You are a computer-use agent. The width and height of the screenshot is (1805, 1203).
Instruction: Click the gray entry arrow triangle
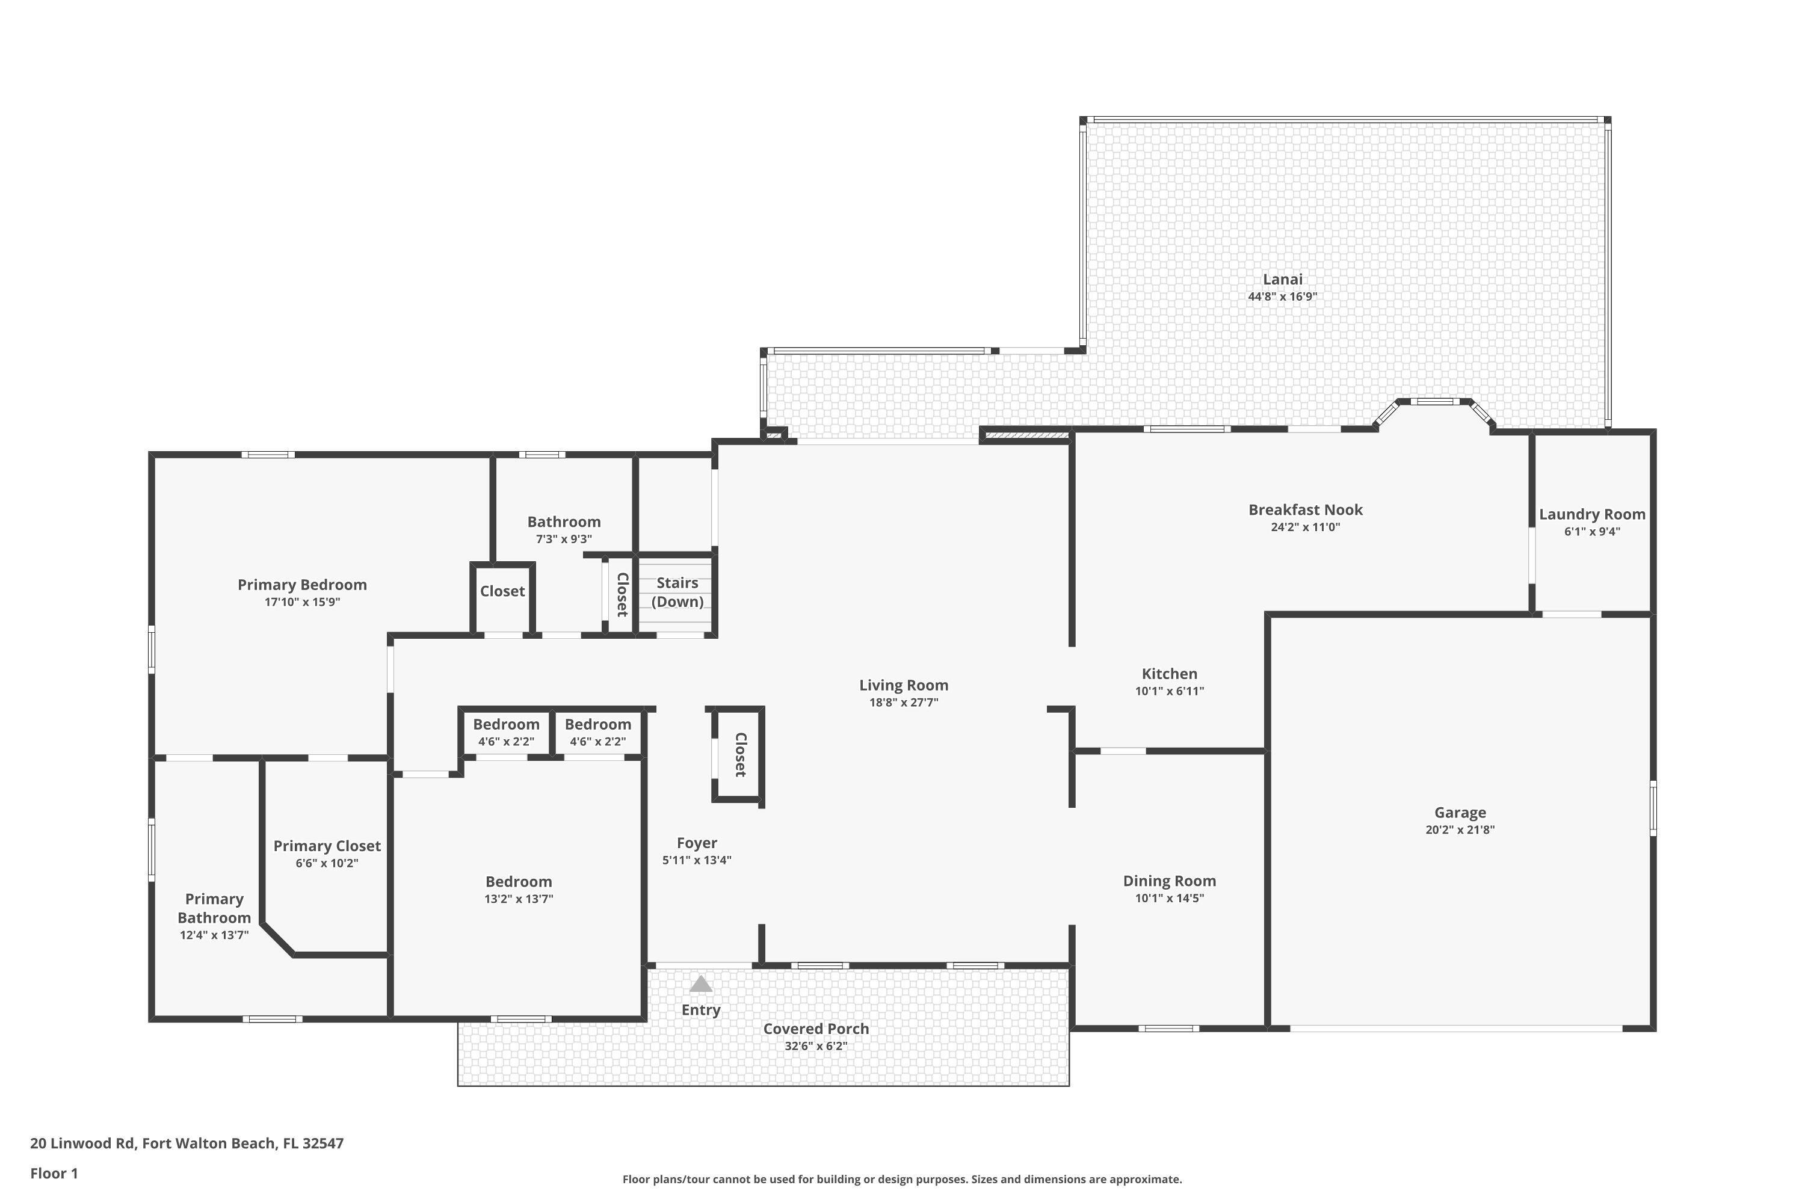pos(701,984)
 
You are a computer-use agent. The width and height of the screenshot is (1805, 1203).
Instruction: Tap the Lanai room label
pos(1282,279)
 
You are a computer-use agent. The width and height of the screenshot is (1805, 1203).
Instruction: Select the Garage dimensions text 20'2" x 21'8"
pos(1460,829)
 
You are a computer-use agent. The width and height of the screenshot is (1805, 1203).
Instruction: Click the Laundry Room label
pos(1591,514)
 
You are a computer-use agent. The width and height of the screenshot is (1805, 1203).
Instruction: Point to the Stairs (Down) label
pos(677,591)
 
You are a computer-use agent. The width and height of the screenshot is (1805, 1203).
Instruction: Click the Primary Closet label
pos(327,846)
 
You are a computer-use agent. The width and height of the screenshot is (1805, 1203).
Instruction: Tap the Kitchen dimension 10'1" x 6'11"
pos(1169,691)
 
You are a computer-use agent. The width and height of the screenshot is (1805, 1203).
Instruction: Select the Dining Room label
pos(1169,881)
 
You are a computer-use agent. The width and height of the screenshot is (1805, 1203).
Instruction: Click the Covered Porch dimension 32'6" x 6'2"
pos(816,1046)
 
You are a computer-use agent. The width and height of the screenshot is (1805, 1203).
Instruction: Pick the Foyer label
pos(696,843)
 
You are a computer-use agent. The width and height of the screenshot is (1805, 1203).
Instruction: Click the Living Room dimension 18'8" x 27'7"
pos(903,702)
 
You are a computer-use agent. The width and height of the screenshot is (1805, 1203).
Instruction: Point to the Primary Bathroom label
pos(214,908)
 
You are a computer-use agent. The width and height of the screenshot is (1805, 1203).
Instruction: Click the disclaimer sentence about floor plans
pos(902,1179)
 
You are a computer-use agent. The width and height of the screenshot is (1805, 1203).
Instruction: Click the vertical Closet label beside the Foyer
pos(740,754)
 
